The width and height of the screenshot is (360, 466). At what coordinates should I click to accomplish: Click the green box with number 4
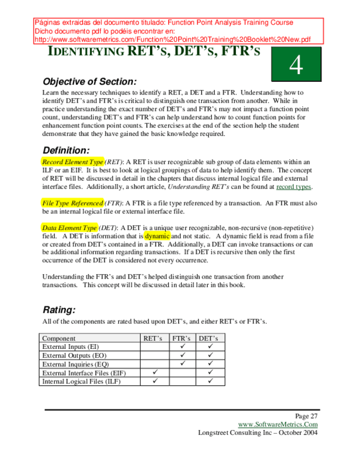click(296, 66)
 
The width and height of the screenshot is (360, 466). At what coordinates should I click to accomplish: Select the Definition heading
click(65, 150)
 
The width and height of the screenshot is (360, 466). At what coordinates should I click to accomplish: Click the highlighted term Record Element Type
click(73, 162)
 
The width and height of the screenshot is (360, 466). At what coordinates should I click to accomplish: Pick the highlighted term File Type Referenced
click(72, 203)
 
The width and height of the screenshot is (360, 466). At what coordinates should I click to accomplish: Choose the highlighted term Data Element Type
click(70, 228)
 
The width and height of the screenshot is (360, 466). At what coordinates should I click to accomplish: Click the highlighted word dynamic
click(157, 236)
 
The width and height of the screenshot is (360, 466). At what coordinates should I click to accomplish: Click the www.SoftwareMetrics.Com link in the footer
click(278, 424)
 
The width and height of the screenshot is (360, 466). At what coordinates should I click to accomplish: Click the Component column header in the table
click(59, 339)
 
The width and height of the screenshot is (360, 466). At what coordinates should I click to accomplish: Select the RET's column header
click(154, 339)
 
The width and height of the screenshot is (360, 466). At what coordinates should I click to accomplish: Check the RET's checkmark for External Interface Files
click(155, 373)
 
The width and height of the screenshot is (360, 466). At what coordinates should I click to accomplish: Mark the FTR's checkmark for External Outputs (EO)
click(183, 356)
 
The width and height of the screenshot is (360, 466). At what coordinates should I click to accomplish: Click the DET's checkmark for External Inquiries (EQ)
click(210, 364)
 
